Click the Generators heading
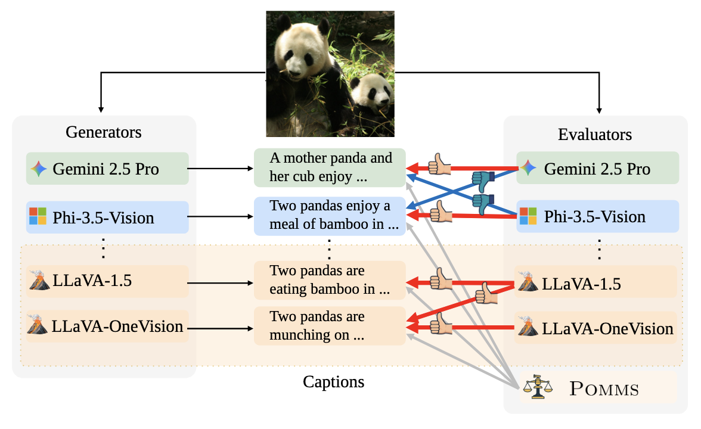click(x=104, y=132)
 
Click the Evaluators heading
click(x=595, y=134)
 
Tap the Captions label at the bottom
click(x=333, y=382)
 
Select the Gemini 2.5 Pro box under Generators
click(x=107, y=169)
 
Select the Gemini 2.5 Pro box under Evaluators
click(x=597, y=169)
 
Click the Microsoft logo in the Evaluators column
click(x=528, y=216)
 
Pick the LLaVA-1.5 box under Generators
click(x=107, y=281)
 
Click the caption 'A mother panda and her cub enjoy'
click(x=330, y=167)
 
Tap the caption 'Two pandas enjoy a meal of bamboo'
click(x=330, y=216)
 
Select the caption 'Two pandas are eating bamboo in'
click(x=330, y=280)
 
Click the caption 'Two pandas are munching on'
click(x=330, y=326)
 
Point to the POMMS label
click(x=604, y=390)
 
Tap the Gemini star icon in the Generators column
click(x=38, y=169)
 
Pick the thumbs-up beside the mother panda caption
click(x=440, y=164)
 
